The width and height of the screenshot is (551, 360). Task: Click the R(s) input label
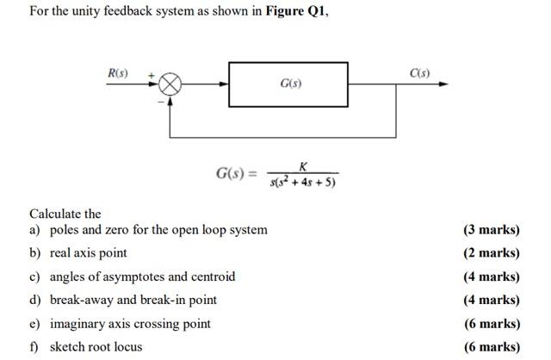point(117,72)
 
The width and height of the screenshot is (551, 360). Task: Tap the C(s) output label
point(419,71)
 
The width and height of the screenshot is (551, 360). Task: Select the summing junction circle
point(170,84)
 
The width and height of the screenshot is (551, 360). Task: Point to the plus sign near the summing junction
point(151,76)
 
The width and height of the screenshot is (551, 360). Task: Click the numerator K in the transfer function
point(302,165)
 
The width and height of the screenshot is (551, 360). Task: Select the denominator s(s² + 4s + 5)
point(302,182)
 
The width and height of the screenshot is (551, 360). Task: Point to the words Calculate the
point(65,214)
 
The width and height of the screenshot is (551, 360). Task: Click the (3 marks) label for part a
point(491,230)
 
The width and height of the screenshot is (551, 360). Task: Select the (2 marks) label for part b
point(491,253)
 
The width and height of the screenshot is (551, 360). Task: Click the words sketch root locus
point(96,347)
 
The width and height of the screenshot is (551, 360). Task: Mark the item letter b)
point(35,253)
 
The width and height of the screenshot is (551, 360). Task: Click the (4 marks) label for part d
point(491,300)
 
